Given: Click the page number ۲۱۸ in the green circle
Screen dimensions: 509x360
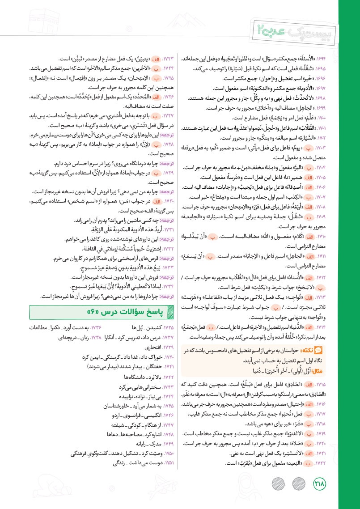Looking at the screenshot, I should click(320, 483).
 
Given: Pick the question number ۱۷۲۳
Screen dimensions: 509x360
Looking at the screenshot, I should click(166, 59).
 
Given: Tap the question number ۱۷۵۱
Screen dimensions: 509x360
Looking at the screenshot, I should click(166, 463).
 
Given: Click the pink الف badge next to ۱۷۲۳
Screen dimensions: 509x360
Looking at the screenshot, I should click(154, 59).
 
